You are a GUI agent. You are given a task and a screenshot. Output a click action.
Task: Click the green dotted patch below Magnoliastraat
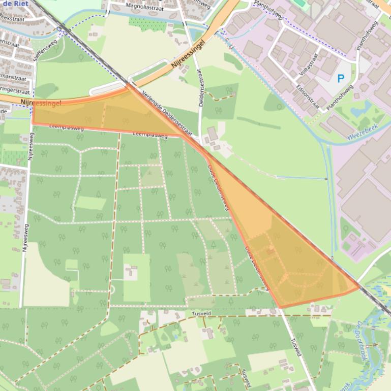click(x=140, y=22)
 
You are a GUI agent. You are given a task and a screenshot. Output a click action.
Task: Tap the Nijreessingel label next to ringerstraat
click(x=42, y=103)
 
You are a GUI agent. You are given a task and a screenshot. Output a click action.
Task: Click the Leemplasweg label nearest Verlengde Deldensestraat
click(x=149, y=135)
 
